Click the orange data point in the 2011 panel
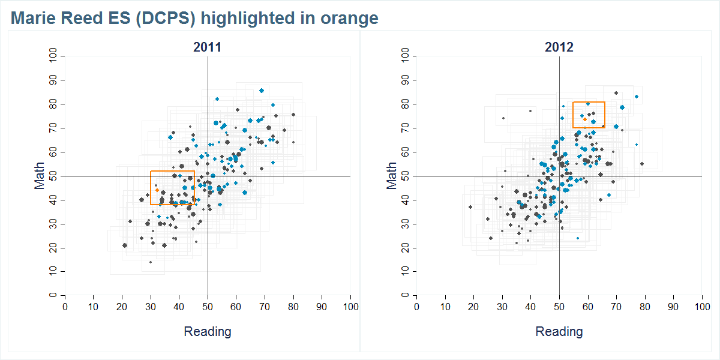pyautogui.click(x=157, y=190)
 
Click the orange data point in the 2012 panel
pyautogui.click(x=584, y=119)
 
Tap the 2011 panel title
pyautogui.click(x=207, y=47)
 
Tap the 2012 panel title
pyautogui.click(x=559, y=47)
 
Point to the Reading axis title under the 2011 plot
pyautogui.click(x=207, y=331)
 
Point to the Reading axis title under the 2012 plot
pyautogui.click(x=559, y=331)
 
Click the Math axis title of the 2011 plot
pyautogui.click(x=40, y=176)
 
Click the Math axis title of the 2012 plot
pyautogui.click(x=391, y=176)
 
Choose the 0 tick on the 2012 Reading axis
pyautogui.click(x=416, y=307)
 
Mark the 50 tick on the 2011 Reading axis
pyautogui.click(x=208, y=307)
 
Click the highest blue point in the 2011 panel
pyautogui.click(x=262, y=91)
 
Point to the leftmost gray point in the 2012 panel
pyautogui.click(x=470, y=207)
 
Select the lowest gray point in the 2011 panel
pyautogui.click(x=151, y=262)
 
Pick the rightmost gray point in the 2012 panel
pyautogui.click(x=642, y=164)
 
